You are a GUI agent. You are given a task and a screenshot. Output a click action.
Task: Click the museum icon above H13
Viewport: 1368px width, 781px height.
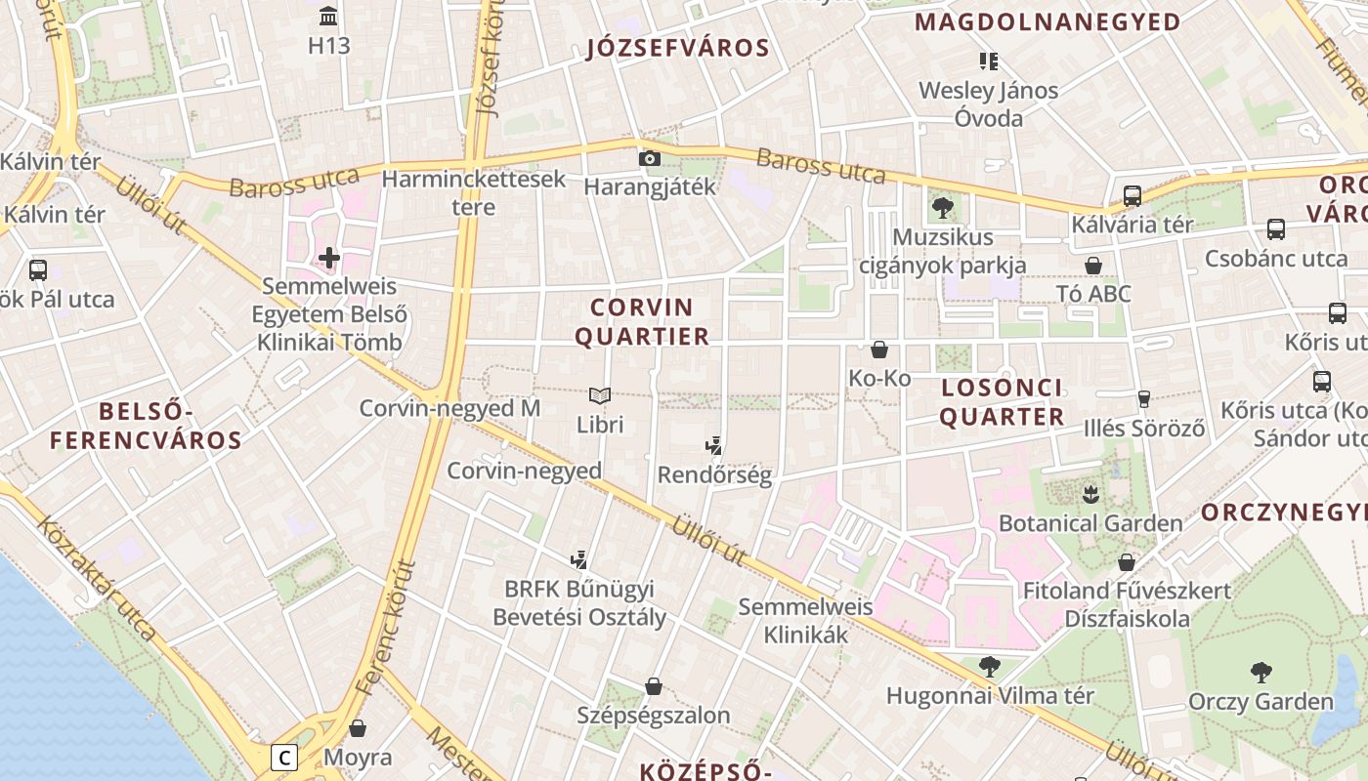pyautogui.click(x=328, y=17)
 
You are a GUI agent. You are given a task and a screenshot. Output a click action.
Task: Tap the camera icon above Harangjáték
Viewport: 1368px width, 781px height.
pyautogui.click(x=649, y=158)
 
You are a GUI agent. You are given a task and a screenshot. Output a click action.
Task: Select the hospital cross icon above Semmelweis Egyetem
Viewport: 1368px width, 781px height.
pyautogui.click(x=329, y=258)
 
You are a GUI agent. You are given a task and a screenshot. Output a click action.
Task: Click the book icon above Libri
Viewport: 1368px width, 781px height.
pyautogui.click(x=600, y=395)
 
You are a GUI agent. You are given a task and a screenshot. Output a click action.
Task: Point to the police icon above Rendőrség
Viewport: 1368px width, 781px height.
pyautogui.click(x=713, y=446)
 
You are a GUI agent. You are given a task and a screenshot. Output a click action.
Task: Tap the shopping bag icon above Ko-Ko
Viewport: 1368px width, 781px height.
pyautogui.click(x=879, y=349)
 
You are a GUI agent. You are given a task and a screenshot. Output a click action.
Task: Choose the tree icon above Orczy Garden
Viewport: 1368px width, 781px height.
pyautogui.click(x=1261, y=672)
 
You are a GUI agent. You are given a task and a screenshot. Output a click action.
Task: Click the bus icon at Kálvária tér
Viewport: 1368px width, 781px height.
pyautogui.click(x=1132, y=196)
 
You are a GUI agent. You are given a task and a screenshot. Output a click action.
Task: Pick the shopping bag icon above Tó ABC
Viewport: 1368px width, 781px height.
pyautogui.click(x=1093, y=266)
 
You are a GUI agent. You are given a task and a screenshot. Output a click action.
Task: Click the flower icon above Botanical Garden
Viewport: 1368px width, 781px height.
pyautogui.click(x=1090, y=494)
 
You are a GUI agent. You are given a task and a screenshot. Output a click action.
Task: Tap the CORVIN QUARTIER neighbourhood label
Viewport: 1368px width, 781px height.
pyautogui.click(x=642, y=322)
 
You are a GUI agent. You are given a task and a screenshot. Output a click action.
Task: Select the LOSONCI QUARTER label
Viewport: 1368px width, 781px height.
pyautogui.click(x=1002, y=402)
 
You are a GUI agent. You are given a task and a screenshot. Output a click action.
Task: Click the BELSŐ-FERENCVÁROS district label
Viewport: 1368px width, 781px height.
pyautogui.click(x=146, y=425)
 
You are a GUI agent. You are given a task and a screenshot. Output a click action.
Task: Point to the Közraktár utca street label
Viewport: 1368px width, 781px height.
pyautogui.click(x=97, y=578)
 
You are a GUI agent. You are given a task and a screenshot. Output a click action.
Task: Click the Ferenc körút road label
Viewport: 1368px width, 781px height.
pyautogui.click(x=387, y=625)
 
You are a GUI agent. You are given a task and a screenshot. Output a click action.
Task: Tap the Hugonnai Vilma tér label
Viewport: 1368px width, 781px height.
pyautogui.click(x=990, y=696)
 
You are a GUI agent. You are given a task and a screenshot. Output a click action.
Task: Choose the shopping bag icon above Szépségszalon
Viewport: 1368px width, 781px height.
pyautogui.click(x=653, y=687)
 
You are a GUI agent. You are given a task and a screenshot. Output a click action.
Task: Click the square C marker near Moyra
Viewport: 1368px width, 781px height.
pyautogui.click(x=283, y=758)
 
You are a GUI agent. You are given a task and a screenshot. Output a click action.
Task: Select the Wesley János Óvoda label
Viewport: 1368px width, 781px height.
pyautogui.click(x=988, y=104)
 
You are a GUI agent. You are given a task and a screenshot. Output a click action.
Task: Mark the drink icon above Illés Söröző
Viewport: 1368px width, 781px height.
pyautogui.click(x=1143, y=398)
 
